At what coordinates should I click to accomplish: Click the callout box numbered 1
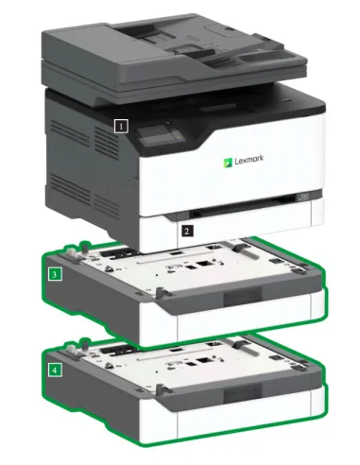pyautogui.click(x=119, y=124)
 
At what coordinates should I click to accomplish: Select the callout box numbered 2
pyautogui.click(x=187, y=230)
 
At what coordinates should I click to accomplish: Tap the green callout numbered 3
pyautogui.click(x=57, y=275)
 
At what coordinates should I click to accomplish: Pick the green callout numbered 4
pyautogui.click(x=57, y=370)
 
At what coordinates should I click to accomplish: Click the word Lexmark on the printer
pyautogui.click(x=251, y=159)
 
